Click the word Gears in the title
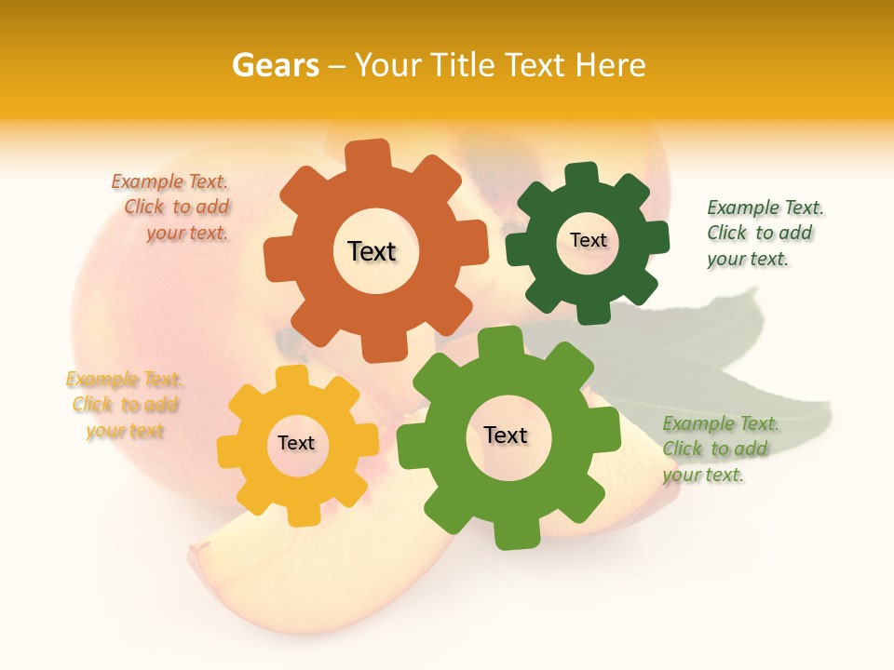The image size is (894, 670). tap(275, 65)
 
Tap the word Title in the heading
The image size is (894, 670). tap(467, 65)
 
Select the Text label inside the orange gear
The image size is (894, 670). tap(372, 251)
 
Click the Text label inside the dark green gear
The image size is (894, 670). tap(588, 240)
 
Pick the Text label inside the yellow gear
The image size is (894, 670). tap(296, 443)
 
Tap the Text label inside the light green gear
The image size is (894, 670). tap(506, 435)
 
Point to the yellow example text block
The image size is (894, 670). tap(124, 405)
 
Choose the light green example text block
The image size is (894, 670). tap(719, 449)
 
